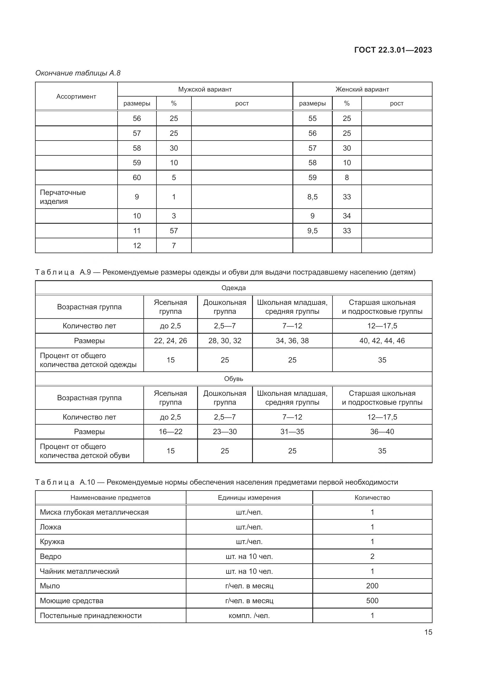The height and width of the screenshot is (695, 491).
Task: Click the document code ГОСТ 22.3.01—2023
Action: (393, 50)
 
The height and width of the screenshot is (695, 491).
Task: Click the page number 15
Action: (428, 632)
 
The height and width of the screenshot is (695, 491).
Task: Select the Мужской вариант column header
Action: (205, 89)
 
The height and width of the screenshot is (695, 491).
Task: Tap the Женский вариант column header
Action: (362, 89)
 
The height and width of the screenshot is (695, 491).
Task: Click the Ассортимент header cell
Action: (76, 97)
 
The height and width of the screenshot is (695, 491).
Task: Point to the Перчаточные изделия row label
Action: (63, 197)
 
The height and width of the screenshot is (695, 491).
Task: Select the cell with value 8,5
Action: (312, 197)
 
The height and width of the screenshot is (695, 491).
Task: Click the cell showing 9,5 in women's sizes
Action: (312, 231)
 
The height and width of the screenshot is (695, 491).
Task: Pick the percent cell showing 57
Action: (174, 231)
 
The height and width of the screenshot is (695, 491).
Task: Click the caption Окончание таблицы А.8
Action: (78, 73)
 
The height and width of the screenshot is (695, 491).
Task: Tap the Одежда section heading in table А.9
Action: (233, 288)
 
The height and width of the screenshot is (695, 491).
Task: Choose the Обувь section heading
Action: (233, 379)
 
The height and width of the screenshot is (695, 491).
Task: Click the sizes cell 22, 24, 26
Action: (170, 341)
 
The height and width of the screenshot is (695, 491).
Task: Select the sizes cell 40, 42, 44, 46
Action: (382, 341)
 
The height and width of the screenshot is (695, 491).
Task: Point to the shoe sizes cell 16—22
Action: (170, 432)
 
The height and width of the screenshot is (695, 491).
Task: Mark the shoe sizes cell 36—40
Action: (382, 432)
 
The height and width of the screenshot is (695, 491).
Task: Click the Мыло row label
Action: (50, 586)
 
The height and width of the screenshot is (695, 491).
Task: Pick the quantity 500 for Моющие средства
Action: (372, 601)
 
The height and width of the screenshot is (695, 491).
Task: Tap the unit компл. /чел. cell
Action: (249, 615)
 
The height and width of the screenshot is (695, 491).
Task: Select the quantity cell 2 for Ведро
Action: (372, 556)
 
